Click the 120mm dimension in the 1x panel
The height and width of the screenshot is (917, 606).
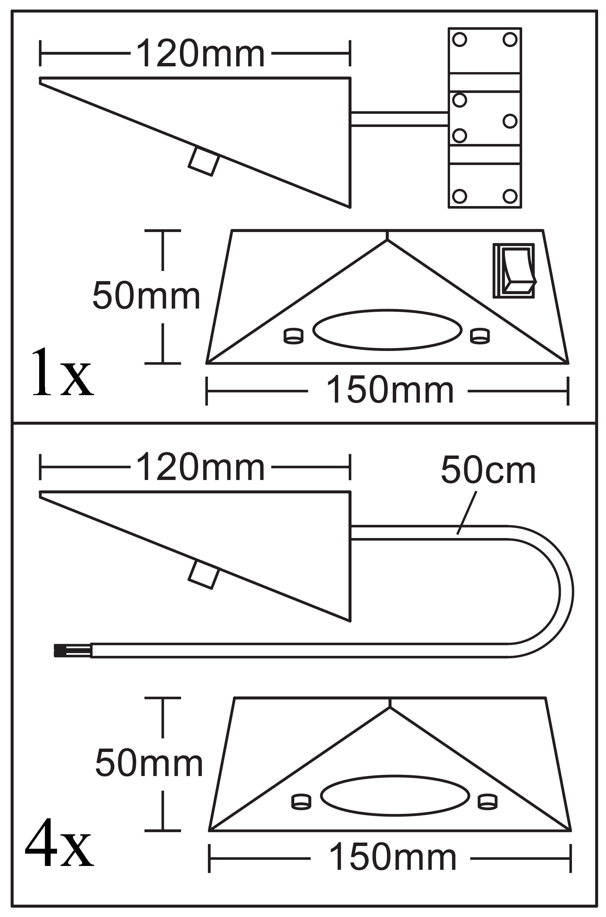coord(200,53)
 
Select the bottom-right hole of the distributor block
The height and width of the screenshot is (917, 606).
coord(510,196)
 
